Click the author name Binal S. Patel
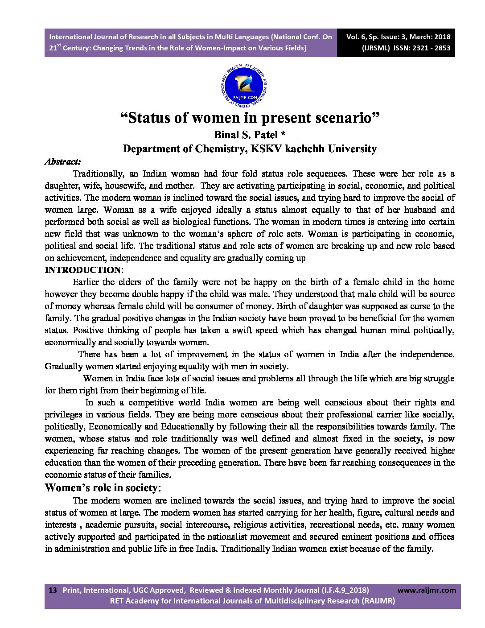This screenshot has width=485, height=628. (243, 134)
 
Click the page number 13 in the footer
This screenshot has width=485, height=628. (53, 590)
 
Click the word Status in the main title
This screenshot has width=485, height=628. (150, 118)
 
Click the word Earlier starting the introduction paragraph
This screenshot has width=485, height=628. (86, 282)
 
